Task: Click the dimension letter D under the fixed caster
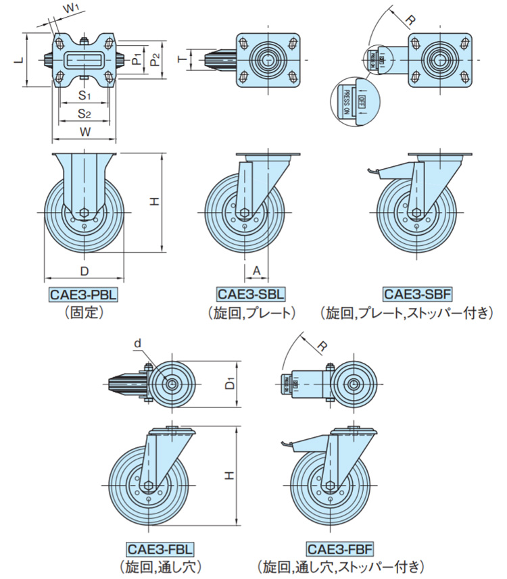coord(84,271)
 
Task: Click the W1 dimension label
coord(70,9)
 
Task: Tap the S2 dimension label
coord(84,113)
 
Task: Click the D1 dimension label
coord(229,384)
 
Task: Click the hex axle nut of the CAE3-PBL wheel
coord(83,213)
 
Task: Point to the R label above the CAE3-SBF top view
coord(410,19)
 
